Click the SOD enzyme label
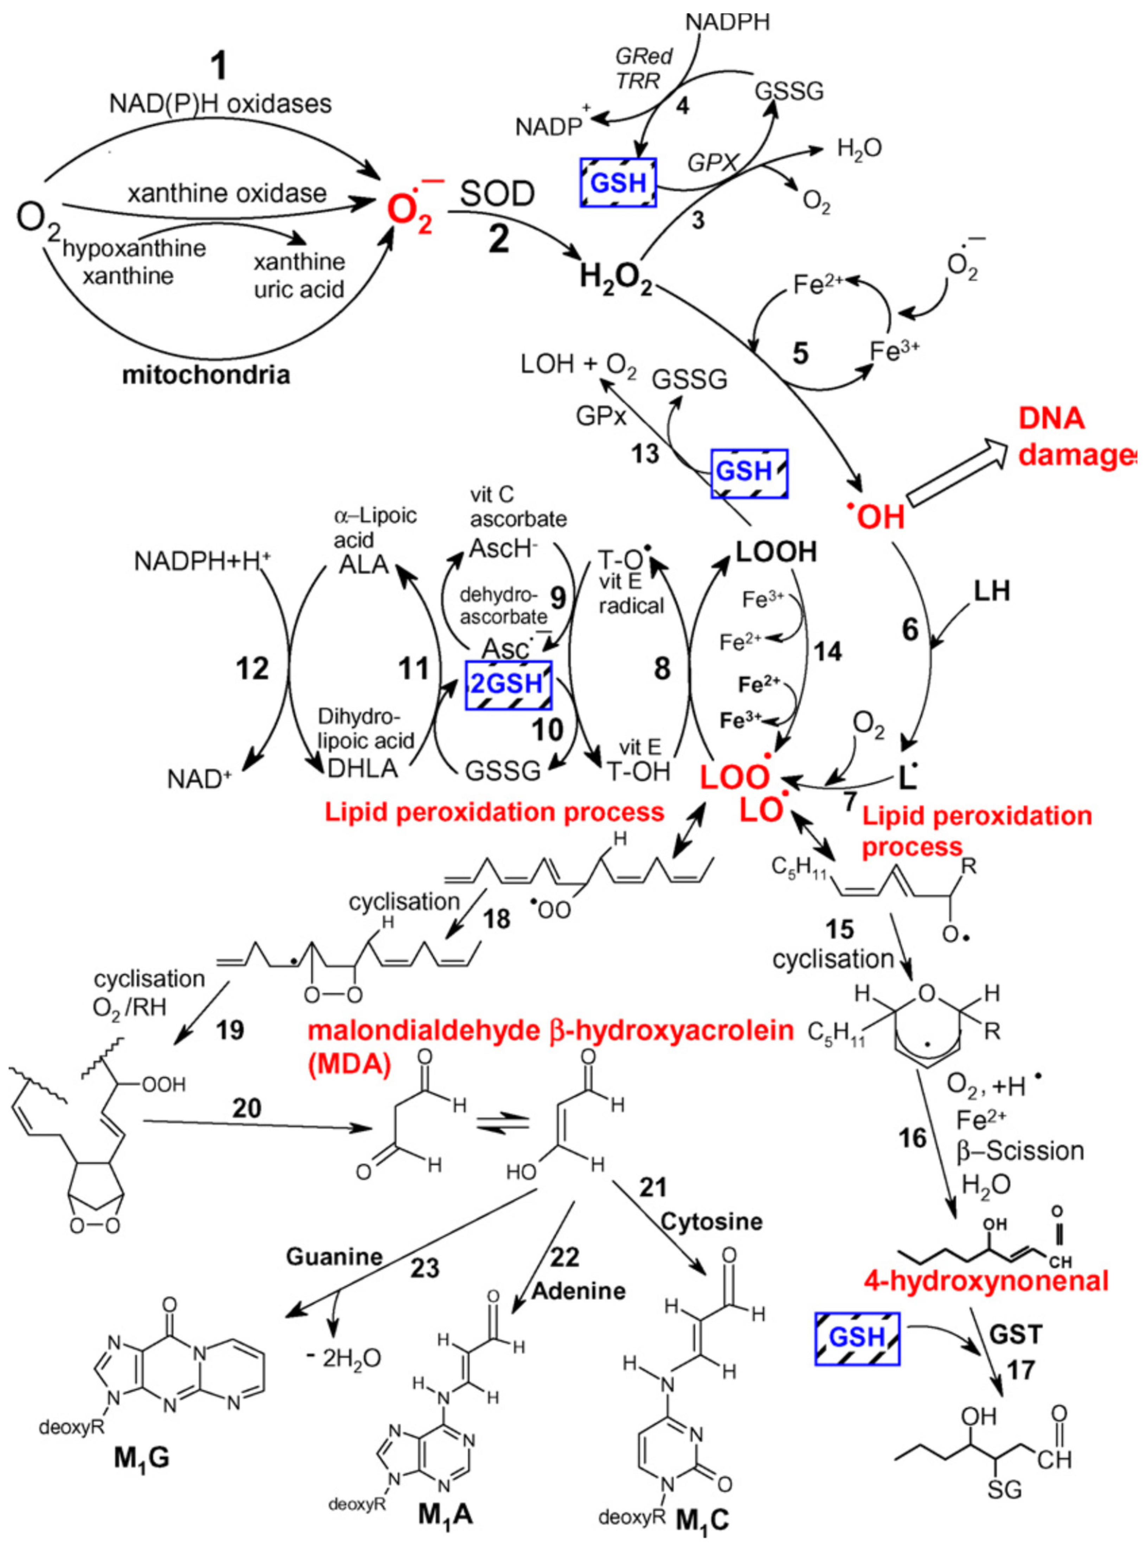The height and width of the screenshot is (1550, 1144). (497, 195)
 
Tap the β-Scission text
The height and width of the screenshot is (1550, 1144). (1020, 1151)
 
